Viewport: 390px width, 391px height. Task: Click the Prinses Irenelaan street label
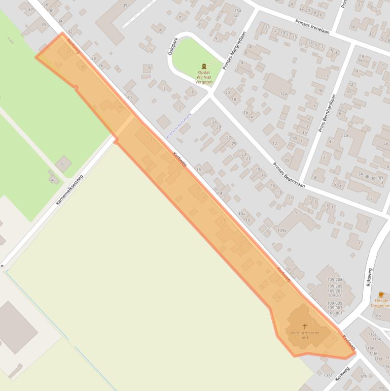point(312,26)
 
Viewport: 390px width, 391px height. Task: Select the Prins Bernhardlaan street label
point(328,113)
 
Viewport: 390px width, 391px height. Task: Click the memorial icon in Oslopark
point(204,66)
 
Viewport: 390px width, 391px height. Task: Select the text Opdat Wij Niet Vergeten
point(204,77)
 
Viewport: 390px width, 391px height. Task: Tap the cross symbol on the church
point(305,326)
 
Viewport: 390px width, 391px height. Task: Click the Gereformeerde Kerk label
point(305,335)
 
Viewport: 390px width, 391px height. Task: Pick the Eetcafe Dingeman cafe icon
point(381,295)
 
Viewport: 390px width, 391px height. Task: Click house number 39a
point(126,5)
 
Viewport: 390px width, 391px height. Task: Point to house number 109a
point(282,230)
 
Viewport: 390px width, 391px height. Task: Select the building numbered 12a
point(283,93)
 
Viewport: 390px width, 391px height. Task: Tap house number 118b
point(376,316)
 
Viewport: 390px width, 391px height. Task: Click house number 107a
point(328,375)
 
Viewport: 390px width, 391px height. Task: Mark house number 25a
point(237,11)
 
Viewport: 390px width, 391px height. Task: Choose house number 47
point(30,10)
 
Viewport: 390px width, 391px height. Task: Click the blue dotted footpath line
point(179,126)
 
